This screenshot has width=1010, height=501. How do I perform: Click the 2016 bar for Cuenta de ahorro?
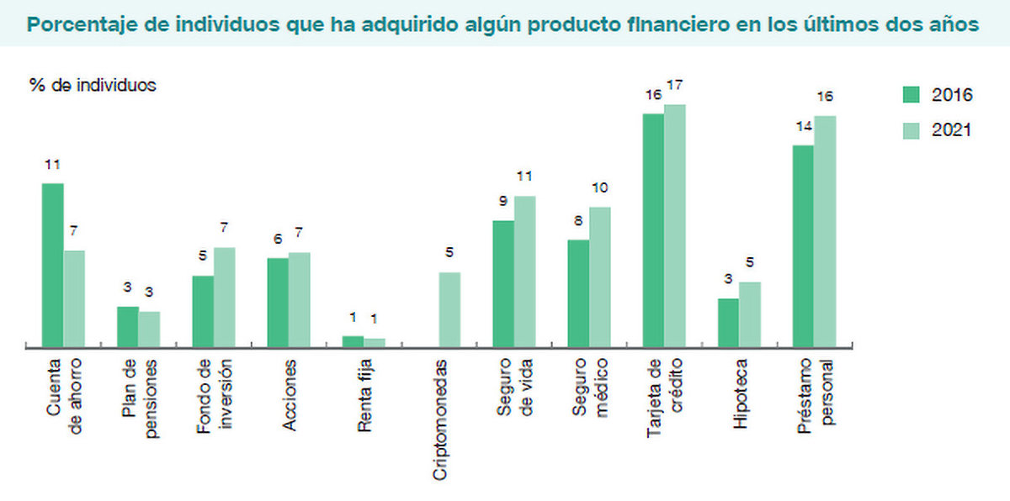point(53,264)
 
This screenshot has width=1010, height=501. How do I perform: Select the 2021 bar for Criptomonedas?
point(449,309)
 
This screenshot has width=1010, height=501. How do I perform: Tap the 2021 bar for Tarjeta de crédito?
point(675,225)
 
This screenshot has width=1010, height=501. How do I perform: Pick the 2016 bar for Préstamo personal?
point(804,245)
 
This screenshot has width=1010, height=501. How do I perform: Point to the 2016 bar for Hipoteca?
point(728,322)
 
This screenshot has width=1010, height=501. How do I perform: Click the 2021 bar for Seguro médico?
point(600,277)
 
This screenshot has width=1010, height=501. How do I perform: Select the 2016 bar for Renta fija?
point(353,340)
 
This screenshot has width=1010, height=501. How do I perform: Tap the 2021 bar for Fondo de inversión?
point(225,297)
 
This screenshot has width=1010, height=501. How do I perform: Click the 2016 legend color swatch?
point(912,94)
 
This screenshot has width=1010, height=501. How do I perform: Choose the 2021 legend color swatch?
point(912,130)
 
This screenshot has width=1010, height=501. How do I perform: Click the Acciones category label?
point(290,395)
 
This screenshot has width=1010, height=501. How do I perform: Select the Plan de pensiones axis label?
point(139,398)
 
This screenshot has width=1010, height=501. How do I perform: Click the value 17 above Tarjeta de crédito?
point(675,86)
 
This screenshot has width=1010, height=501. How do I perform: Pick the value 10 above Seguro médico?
point(600,187)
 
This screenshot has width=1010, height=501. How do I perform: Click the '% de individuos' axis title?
point(93,85)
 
